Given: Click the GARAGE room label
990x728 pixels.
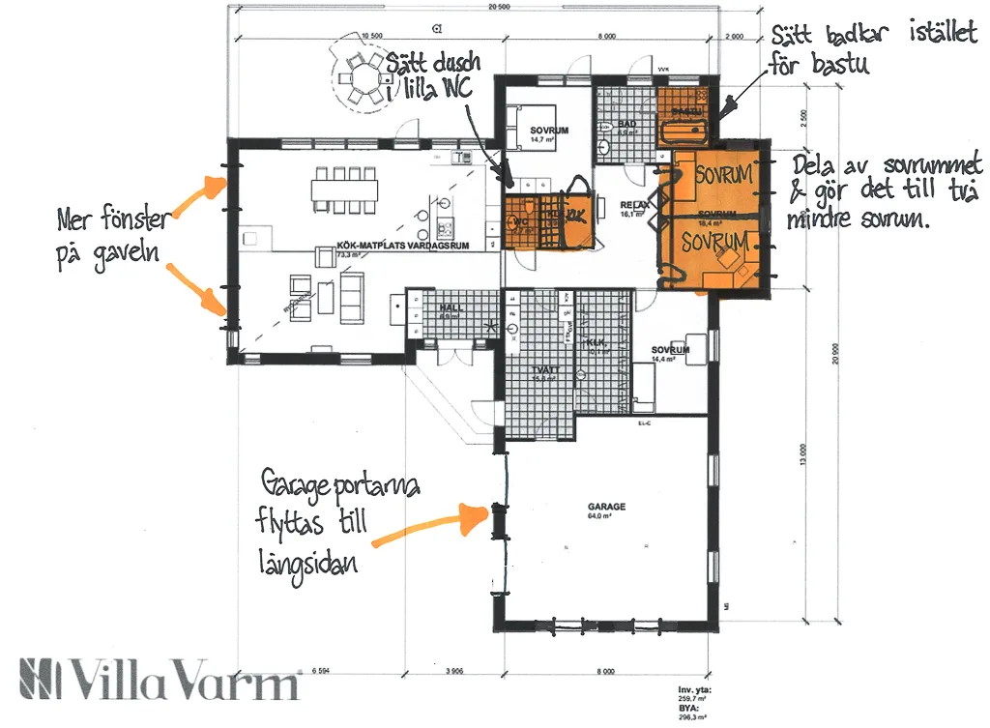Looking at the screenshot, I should [x=606, y=507].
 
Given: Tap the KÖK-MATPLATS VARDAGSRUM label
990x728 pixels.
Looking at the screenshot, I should [x=402, y=247].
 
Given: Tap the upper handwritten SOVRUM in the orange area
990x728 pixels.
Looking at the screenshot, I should [x=723, y=175].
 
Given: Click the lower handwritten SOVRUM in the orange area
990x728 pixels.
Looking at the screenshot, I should [x=714, y=241].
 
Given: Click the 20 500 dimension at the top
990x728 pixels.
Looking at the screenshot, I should [x=499, y=7].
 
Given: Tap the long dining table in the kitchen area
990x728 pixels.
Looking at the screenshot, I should [x=343, y=184].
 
